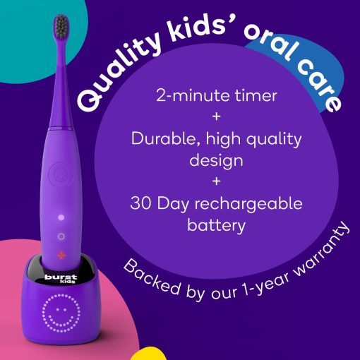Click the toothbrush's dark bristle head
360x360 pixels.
click(61, 26)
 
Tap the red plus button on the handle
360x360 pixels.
click(61, 255)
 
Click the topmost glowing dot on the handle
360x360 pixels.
click(61, 217)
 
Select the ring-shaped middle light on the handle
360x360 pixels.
click(61, 236)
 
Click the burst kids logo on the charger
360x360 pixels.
click(61, 279)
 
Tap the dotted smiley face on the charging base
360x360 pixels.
click(61, 313)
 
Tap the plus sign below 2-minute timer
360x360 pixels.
click(216, 116)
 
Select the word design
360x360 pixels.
click(216, 162)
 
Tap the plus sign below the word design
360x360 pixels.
click(216, 181)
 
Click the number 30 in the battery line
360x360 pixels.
click(140, 203)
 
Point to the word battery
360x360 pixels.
click(216, 226)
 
